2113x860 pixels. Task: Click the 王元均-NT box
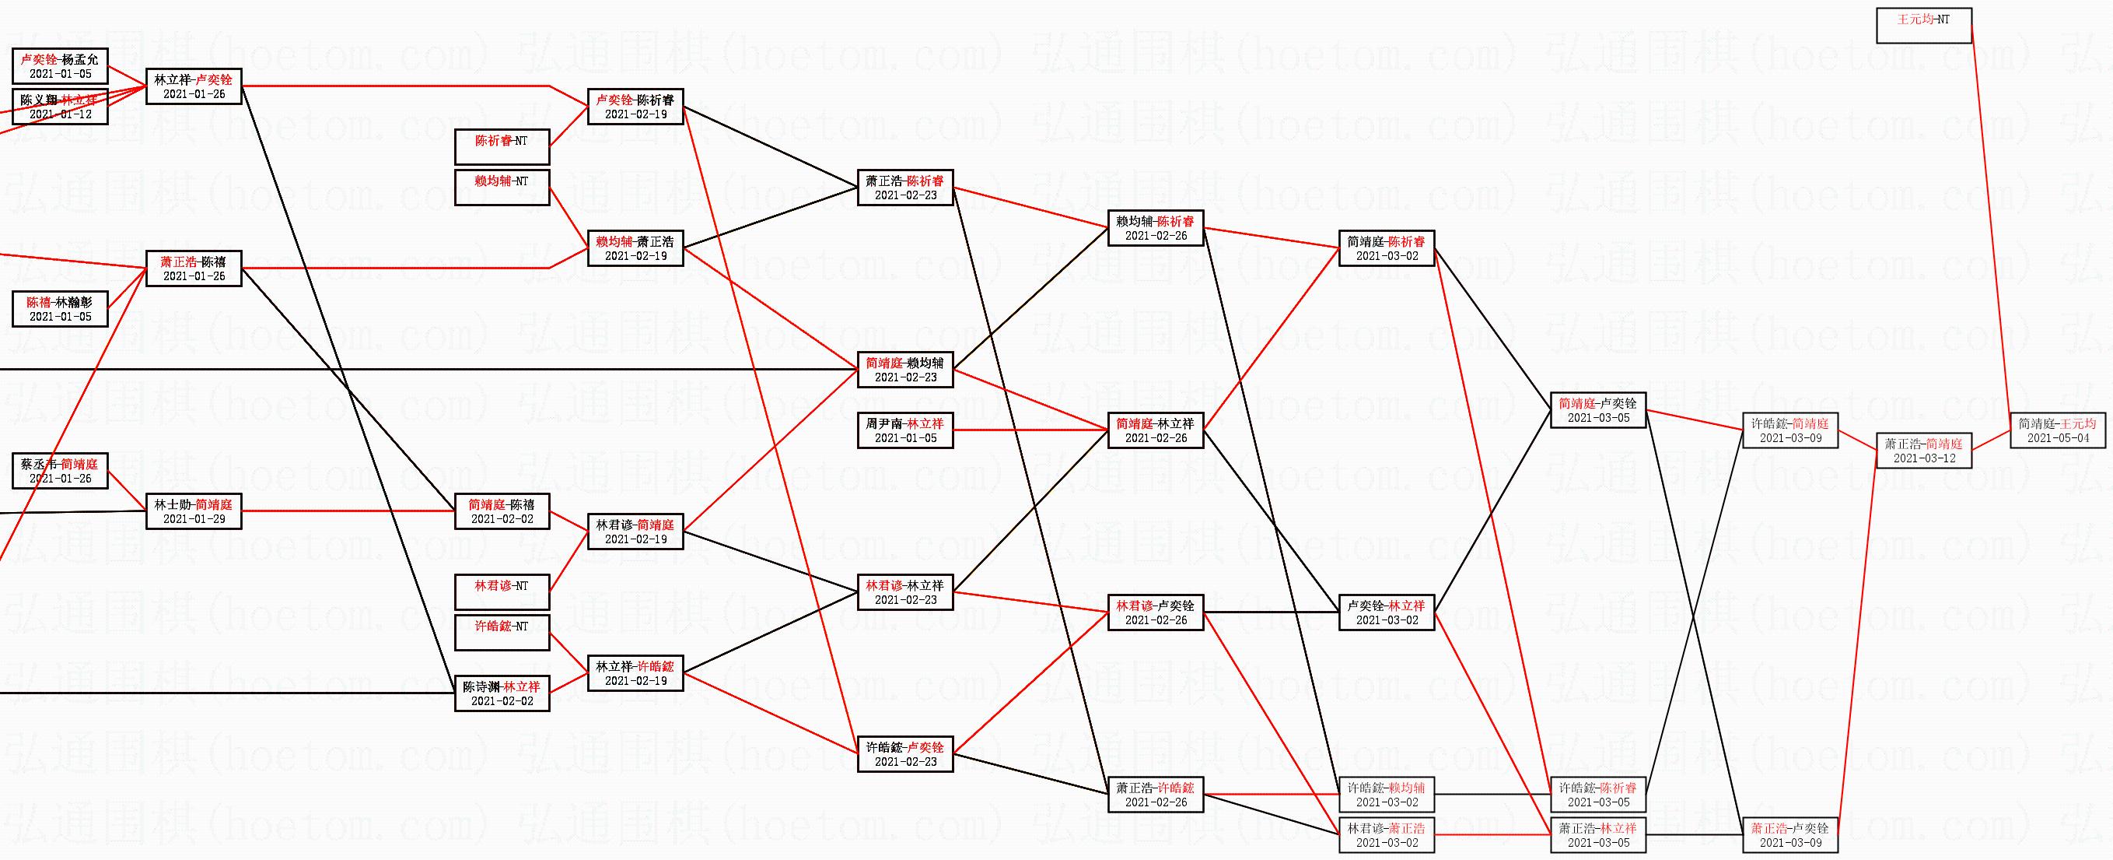pyautogui.click(x=1923, y=26)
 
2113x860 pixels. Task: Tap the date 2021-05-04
pyautogui.click(x=2057, y=438)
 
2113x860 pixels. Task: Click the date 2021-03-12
pyautogui.click(x=1923, y=458)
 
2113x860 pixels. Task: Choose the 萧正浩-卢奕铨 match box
pyautogui.click(x=1789, y=834)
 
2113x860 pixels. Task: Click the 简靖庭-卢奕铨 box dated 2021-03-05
pyautogui.click(x=1597, y=410)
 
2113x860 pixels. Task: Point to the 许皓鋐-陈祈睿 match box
pyautogui.click(x=1597, y=795)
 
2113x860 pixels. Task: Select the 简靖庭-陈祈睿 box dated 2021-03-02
pyautogui.click(x=1387, y=247)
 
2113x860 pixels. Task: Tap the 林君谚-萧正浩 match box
pyautogui.click(x=1387, y=834)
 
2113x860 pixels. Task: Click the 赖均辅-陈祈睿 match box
pyautogui.click(x=1155, y=228)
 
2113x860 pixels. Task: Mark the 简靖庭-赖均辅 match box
pyautogui.click(x=904, y=369)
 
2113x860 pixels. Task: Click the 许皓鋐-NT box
pyautogui.click(x=502, y=633)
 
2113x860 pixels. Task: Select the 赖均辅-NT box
pyautogui.click(x=502, y=187)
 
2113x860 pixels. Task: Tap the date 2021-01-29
pyautogui.click(x=194, y=519)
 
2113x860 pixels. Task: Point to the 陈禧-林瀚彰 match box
pyautogui.click(x=60, y=308)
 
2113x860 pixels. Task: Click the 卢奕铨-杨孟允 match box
pyautogui.click(x=60, y=65)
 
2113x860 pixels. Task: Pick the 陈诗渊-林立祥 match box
pyautogui.click(x=502, y=693)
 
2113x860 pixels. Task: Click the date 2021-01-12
pyautogui.click(x=60, y=115)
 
